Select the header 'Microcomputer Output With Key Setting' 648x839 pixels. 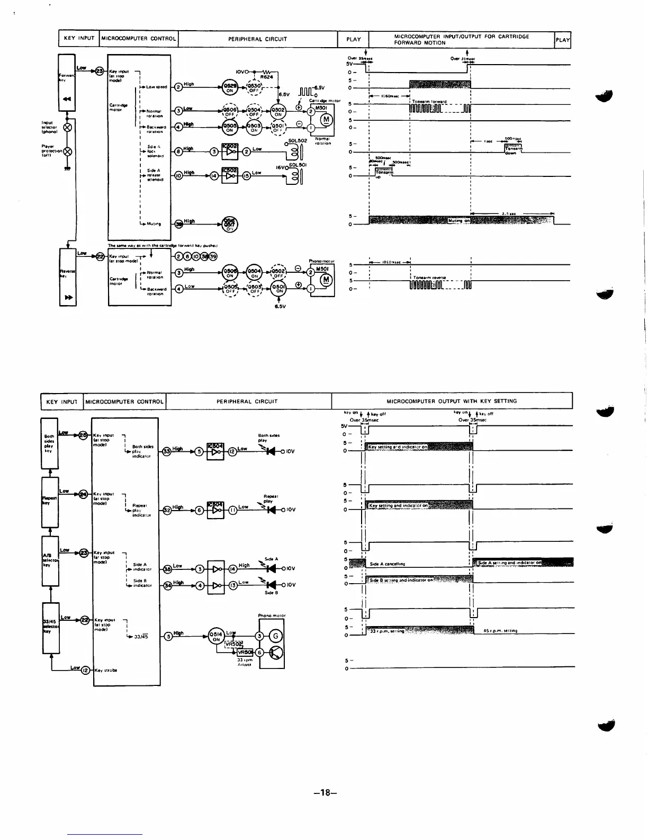pyautogui.click(x=452, y=401)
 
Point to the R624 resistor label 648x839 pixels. pyautogui.click(x=266, y=77)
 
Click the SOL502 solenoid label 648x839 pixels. pyautogui.click(x=298, y=140)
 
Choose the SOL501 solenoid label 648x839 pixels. pyautogui.click(x=298, y=165)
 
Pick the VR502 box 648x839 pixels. pyautogui.click(x=233, y=644)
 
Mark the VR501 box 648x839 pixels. pyautogui.click(x=245, y=653)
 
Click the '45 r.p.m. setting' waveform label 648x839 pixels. pyautogui.click(x=500, y=630)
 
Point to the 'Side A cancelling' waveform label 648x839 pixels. pyautogui.click(x=387, y=564)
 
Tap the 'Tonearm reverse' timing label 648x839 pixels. pyautogui.click(x=430, y=278)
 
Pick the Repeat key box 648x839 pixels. pyautogui.click(x=50, y=502)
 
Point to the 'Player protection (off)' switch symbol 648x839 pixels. pyautogui.click(x=67, y=151)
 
